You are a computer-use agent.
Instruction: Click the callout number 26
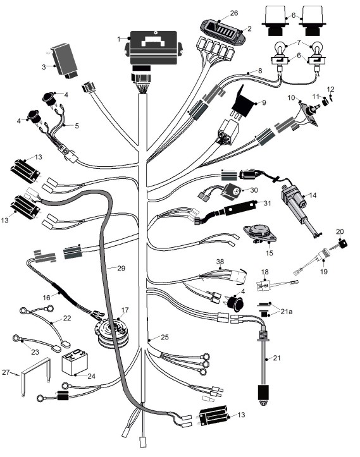click(233, 13)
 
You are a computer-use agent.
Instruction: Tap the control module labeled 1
click(154, 48)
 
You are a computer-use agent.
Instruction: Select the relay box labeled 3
click(65, 61)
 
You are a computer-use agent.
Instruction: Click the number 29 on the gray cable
click(121, 268)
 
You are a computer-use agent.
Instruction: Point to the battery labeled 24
click(75, 363)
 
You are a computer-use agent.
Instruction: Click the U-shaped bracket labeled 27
click(35, 376)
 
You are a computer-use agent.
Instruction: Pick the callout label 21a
click(286, 312)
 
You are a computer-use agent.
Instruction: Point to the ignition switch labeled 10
click(310, 113)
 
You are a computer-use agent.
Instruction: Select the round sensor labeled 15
click(259, 233)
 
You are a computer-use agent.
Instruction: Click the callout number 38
click(220, 262)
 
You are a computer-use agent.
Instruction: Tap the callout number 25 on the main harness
click(164, 337)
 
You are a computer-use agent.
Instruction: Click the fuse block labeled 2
click(222, 33)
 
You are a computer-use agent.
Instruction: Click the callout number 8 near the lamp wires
click(260, 71)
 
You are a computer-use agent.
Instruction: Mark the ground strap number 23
click(35, 352)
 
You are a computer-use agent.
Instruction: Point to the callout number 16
click(46, 298)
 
